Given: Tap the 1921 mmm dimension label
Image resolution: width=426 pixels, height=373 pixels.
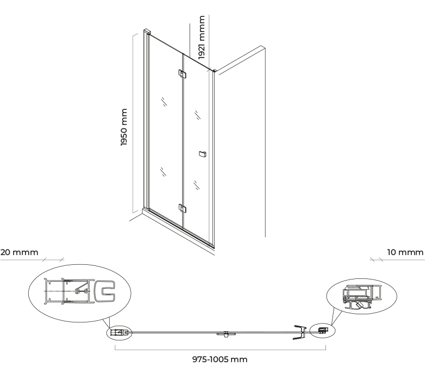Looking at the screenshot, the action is click(201, 37).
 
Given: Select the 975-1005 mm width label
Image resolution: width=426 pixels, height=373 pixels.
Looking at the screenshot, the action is click(220, 359).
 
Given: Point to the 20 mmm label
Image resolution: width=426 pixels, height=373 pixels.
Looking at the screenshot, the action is click(20, 252).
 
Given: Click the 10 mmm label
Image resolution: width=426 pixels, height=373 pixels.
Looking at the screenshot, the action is click(405, 252).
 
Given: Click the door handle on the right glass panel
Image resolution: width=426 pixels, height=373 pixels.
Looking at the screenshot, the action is click(202, 154).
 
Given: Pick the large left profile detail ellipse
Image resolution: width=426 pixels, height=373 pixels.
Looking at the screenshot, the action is click(80, 293).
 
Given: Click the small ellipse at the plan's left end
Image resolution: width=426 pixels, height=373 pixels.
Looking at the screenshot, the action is click(120, 333).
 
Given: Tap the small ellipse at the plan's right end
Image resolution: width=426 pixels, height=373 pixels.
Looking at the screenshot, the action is click(322, 331).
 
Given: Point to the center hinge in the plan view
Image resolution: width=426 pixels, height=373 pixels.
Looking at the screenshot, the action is click(226, 334).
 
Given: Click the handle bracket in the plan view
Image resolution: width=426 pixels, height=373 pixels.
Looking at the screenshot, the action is click(300, 332).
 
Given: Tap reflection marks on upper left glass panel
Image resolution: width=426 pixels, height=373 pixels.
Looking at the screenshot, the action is click(164, 101).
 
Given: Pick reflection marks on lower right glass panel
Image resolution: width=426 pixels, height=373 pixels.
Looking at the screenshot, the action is click(197, 185).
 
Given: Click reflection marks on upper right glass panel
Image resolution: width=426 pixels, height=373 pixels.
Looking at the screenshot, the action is click(198, 115).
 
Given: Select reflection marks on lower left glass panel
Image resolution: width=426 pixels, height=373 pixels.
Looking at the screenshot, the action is click(163, 172).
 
